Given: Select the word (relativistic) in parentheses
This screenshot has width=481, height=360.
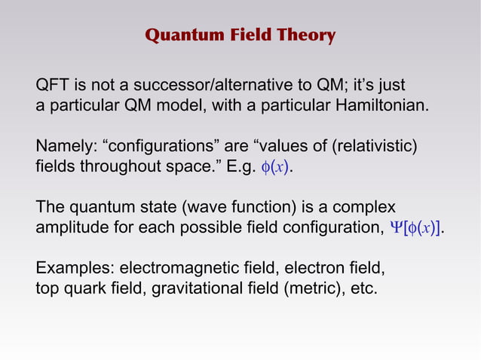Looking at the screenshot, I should point(370,145).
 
